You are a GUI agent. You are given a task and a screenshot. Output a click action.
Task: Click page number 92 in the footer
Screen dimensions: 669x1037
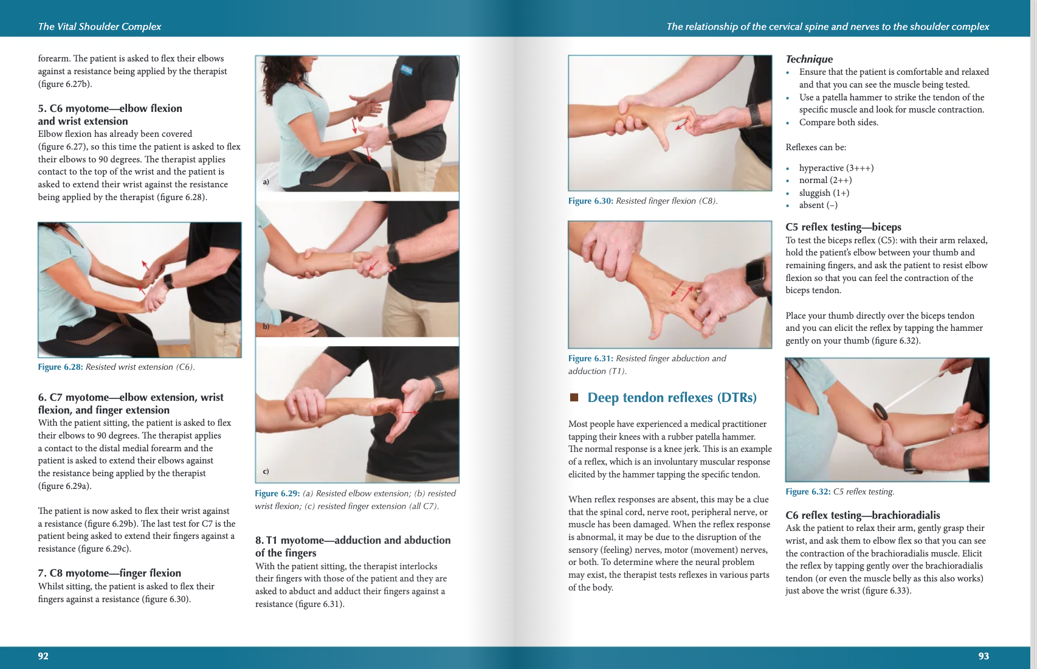point(43,656)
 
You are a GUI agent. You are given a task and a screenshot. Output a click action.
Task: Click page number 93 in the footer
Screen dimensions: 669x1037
point(984,656)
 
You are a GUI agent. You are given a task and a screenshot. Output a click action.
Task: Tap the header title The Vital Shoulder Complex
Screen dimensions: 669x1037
point(100,26)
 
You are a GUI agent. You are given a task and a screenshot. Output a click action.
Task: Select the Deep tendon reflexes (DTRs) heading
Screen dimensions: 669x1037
point(672,398)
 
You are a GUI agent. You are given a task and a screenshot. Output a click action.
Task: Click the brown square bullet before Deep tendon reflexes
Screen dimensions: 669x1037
point(574,398)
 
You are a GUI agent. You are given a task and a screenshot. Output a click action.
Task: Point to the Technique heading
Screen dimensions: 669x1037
point(809,59)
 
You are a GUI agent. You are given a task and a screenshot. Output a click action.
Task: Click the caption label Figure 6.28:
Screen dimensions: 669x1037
point(60,367)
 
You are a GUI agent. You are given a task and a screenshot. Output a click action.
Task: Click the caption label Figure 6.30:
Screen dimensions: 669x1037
point(590,201)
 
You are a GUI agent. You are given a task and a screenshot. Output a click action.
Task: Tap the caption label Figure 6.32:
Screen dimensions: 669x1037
point(808,491)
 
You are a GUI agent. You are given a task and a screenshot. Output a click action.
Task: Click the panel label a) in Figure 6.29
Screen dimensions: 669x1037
point(266,182)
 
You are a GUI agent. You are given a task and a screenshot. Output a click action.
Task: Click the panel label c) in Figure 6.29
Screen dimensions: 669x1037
point(266,471)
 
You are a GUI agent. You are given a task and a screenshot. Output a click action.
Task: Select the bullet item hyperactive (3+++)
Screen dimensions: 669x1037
point(836,168)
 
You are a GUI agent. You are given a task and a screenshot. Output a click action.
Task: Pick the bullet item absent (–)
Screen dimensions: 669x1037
point(818,206)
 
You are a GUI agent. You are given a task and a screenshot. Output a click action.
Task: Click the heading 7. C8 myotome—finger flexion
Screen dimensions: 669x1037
point(109,573)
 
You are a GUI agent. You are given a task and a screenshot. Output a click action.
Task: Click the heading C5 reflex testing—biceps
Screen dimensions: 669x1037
point(843,227)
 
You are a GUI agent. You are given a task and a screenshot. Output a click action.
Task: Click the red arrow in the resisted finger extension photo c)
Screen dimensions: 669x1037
point(410,412)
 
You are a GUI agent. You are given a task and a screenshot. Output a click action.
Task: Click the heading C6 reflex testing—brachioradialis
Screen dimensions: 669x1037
point(862,515)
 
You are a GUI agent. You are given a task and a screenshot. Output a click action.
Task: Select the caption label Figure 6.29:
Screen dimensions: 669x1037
point(277,493)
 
